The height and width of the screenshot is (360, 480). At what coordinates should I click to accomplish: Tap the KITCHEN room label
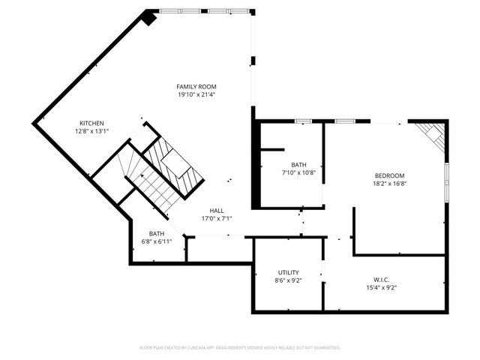[91, 123]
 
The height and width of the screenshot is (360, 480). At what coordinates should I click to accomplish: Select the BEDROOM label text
[389, 175]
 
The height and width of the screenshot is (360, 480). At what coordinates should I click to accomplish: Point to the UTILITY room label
[289, 272]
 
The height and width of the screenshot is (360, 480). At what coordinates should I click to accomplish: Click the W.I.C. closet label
[381, 279]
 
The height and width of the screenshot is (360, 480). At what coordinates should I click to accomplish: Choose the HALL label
[217, 211]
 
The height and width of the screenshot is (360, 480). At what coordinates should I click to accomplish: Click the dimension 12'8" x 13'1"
[91, 131]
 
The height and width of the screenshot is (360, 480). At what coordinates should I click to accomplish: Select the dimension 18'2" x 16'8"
[389, 184]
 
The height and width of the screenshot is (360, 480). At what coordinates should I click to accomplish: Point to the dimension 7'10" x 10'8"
[298, 172]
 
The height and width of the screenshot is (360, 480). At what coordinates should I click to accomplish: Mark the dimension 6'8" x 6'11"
[156, 241]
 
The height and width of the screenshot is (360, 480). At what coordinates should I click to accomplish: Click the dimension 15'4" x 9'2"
[381, 287]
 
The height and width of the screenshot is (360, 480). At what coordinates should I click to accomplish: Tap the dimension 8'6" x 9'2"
[289, 280]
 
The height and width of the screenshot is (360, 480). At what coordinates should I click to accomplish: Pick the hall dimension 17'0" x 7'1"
[217, 219]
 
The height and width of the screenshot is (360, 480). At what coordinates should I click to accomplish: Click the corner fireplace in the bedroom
[433, 135]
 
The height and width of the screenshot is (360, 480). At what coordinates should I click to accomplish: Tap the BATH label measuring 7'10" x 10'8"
[298, 164]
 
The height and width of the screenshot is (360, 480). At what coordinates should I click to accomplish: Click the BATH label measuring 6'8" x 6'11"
[156, 233]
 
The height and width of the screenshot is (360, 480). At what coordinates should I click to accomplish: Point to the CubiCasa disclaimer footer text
[240, 348]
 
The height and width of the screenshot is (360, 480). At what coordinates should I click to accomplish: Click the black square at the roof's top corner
[149, 18]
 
